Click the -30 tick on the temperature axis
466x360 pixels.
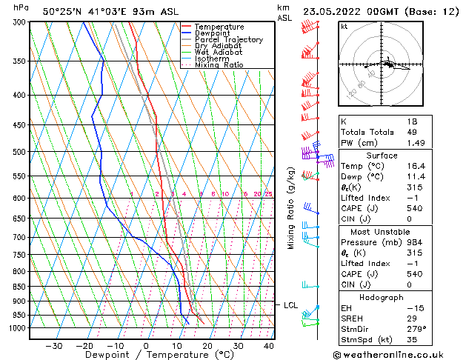[53, 345]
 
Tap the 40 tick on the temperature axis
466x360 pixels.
[269, 345]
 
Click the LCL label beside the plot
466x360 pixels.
[290, 304]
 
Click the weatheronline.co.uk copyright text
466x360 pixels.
[399, 355]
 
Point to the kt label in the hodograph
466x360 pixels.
[344, 27]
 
